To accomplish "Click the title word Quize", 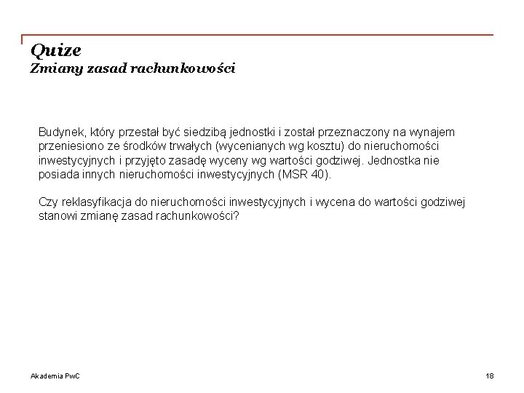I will coord(56,51).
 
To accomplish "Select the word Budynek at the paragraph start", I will coord(60,132).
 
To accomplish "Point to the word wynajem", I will coord(434,132).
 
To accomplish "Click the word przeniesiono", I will coord(69,146).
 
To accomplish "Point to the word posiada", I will coord(57,175).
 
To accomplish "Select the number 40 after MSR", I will coord(319,175).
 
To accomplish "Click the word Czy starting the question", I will coord(47,202).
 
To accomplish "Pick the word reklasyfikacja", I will coord(92,202).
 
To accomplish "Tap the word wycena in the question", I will coord(333,202).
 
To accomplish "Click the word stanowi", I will coord(57,216).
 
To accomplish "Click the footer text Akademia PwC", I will coord(55,376).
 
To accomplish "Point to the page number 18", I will coord(489,376).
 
